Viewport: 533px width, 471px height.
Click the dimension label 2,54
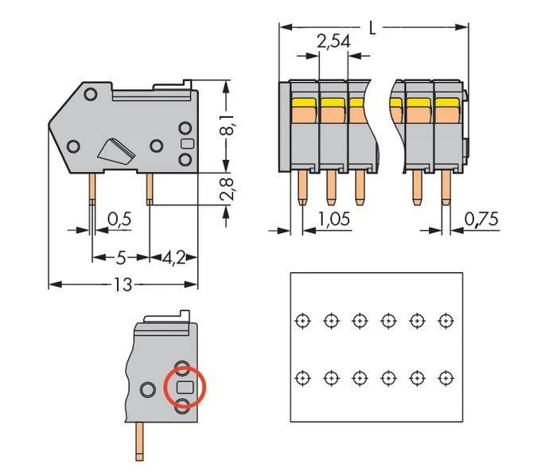333,41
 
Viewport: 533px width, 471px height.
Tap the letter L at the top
372,28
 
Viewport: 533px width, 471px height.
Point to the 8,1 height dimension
228,125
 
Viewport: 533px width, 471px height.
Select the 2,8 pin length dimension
228,189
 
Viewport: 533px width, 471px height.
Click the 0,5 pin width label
119,220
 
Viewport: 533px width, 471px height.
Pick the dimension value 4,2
173,259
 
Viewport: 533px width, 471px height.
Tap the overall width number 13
123,285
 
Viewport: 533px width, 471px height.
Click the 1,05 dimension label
334,219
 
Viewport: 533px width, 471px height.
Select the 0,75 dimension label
481,219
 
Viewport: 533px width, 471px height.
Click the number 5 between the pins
121,259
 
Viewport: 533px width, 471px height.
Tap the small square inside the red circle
185,387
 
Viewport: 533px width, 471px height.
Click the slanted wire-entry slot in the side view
116,153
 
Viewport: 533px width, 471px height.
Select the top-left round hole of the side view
91,94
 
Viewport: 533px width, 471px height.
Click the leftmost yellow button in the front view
304,103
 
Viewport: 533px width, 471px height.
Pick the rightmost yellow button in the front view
447,103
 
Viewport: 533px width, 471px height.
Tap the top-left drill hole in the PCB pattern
302,321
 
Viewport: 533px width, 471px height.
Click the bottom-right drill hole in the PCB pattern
445,378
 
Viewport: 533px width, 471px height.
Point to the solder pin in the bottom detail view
139,442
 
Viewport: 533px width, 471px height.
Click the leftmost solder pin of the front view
302,188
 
